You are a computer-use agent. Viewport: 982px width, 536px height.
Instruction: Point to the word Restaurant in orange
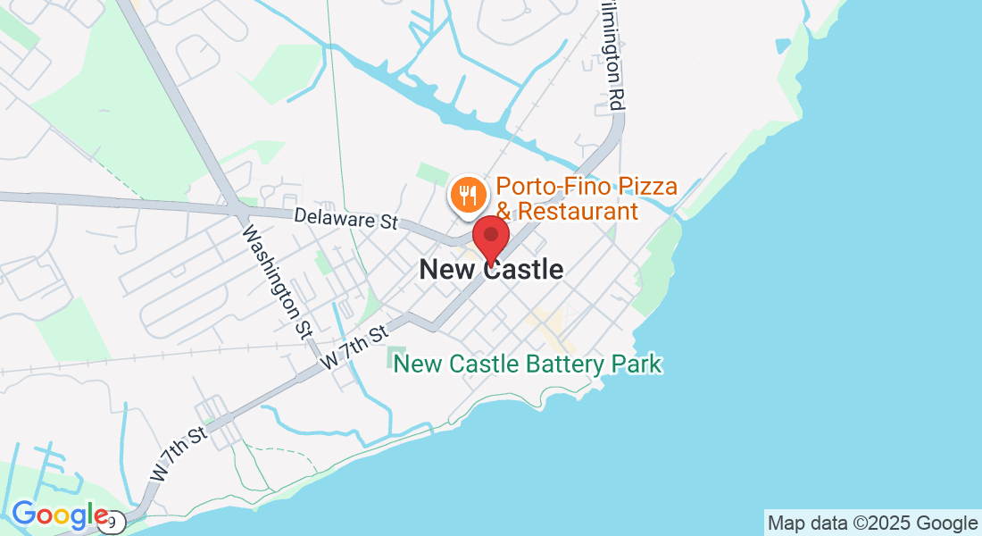pyautogui.click(x=578, y=212)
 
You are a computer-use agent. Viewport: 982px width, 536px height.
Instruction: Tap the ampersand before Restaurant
pyautogui.click(x=505, y=212)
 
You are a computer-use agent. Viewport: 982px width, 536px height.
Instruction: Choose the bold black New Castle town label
pyautogui.click(x=491, y=269)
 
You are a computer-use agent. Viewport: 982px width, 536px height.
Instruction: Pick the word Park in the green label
pyautogui.click(x=637, y=364)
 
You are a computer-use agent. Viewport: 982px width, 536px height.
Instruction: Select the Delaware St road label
pyautogui.click(x=346, y=219)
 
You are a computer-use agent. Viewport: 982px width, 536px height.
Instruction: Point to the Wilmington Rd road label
pyautogui.click(x=611, y=54)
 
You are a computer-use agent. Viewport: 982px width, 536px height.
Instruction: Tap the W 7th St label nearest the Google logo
pyautogui.click(x=180, y=455)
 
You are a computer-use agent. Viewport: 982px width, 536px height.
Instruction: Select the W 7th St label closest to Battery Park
pyautogui.click(x=354, y=348)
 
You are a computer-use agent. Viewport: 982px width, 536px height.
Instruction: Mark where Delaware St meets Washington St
pyautogui.click(x=238, y=211)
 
